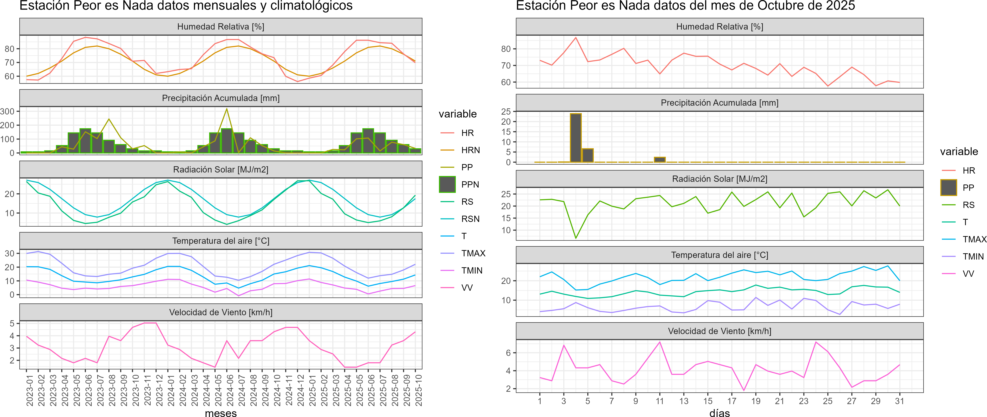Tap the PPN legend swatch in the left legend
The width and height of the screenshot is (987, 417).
pos(447,184)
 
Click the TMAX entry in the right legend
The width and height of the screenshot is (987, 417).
pos(974,239)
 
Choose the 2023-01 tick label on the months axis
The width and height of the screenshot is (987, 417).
pos(30,390)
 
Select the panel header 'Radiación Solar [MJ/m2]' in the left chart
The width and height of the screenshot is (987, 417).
pos(221,169)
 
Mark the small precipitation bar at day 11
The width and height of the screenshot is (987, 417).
pos(659,159)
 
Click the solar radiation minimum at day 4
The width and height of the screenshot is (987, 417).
pos(576,238)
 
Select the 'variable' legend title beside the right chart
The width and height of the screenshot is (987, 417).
pos(959,152)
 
